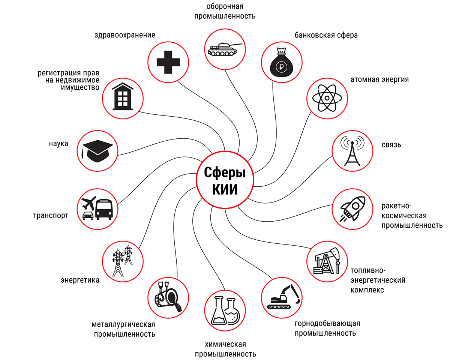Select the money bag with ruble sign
tap(281, 63)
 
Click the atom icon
tap(327, 98)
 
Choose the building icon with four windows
tap(123, 97)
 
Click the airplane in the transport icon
tap(89, 204)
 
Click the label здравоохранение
tap(125, 35)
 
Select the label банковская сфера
tap(326, 35)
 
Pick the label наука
tap(58, 144)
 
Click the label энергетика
tap(80, 280)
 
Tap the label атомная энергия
tap(379, 79)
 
